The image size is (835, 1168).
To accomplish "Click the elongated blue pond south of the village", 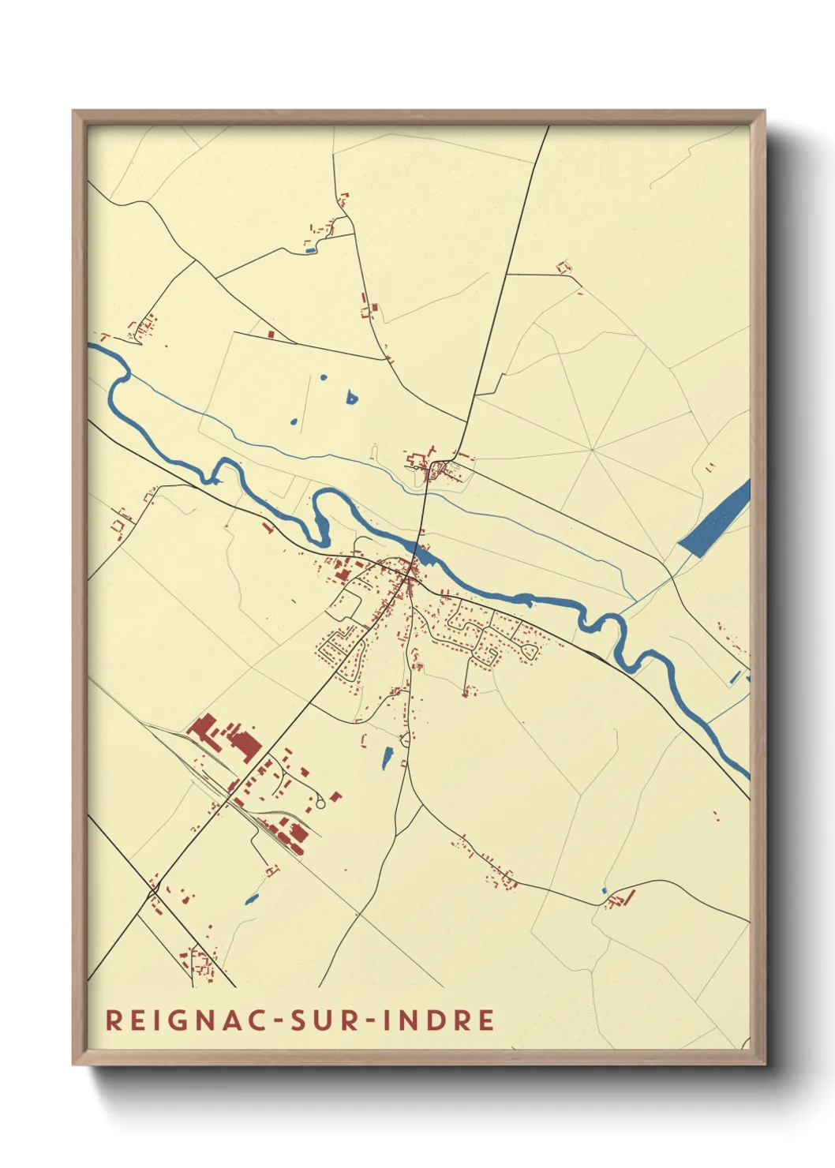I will (387, 758).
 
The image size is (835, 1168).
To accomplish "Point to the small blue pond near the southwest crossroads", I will (252, 898).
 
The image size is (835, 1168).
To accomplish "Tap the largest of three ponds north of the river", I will (351, 398).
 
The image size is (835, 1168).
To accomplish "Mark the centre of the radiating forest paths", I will (592, 450).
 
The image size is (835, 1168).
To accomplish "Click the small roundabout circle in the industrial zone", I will (320, 803).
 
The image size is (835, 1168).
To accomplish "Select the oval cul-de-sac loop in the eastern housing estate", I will (530, 651).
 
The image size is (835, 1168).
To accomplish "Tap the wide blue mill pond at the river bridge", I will (425, 557).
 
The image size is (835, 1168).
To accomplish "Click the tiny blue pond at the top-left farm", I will (310, 251).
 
